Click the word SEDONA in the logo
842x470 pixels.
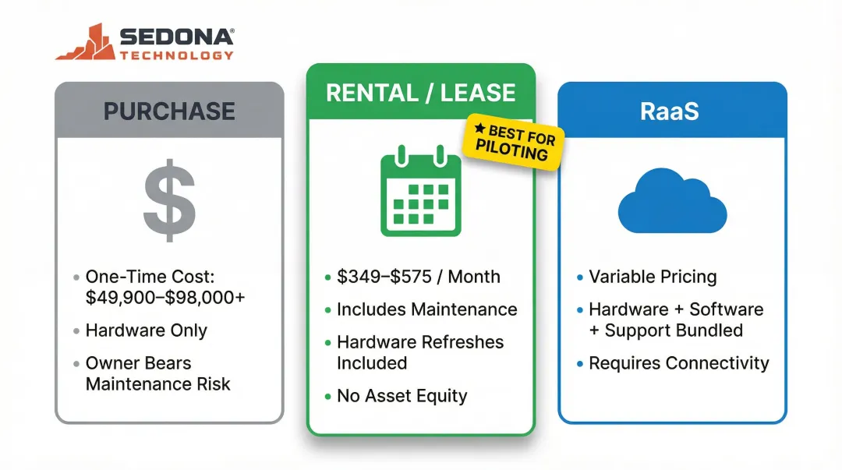(177, 35)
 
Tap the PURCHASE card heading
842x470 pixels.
(169, 111)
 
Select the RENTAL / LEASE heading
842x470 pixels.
(420, 93)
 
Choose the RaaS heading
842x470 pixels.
(671, 111)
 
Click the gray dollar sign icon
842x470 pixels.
(168, 200)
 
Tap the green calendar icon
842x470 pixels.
(420, 195)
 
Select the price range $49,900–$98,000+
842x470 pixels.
(165, 298)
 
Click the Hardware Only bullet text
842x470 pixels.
(147, 330)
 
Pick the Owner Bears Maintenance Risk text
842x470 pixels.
(157, 373)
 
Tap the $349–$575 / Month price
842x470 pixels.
(419, 277)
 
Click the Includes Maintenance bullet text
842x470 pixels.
(426, 309)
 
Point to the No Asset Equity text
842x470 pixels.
(402, 396)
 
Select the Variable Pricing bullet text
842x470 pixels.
(653, 277)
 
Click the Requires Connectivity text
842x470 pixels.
(678, 363)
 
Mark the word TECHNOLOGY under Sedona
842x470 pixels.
(177, 55)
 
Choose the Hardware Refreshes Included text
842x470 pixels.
(420, 352)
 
